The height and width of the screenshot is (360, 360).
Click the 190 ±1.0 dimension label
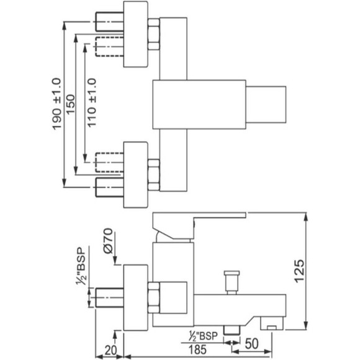tap(57, 104)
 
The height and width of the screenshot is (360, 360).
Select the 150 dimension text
tap(71, 104)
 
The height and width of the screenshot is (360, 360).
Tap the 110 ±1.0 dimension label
tap(92, 103)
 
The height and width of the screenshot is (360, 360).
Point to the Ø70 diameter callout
tap(109, 241)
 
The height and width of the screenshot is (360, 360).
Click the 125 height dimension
tap(299, 271)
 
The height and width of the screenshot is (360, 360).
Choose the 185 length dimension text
tap(197, 349)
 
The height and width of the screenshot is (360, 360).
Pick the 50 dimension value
tap(251, 344)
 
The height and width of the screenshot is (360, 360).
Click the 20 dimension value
tap(110, 351)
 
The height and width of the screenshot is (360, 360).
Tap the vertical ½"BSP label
tap(81, 266)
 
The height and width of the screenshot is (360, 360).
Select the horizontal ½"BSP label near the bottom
tap(203, 336)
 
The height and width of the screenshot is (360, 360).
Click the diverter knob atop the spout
tap(232, 282)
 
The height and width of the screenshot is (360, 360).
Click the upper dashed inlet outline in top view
tap(109, 47)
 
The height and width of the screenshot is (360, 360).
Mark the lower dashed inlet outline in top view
tap(109, 163)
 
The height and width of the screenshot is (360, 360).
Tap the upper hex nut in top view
tap(153, 34)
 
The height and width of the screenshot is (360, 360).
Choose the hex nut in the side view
tap(153, 298)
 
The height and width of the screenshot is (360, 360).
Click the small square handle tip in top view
tap(266, 104)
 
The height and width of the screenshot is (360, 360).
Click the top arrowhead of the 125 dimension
tap(305, 217)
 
